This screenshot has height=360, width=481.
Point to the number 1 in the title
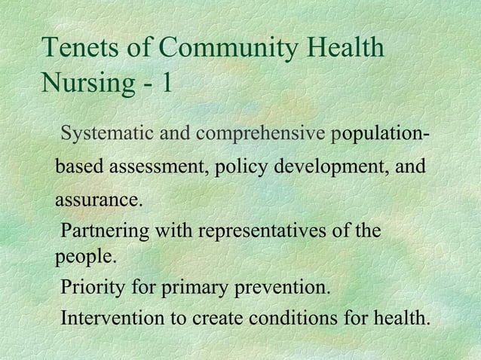(x=164, y=82)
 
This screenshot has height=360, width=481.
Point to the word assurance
(x=98, y=201)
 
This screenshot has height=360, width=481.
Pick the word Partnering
(x=104, y=230)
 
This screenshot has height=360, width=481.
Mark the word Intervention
(x=114, y=319)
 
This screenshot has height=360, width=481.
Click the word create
(x=218, y=319)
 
